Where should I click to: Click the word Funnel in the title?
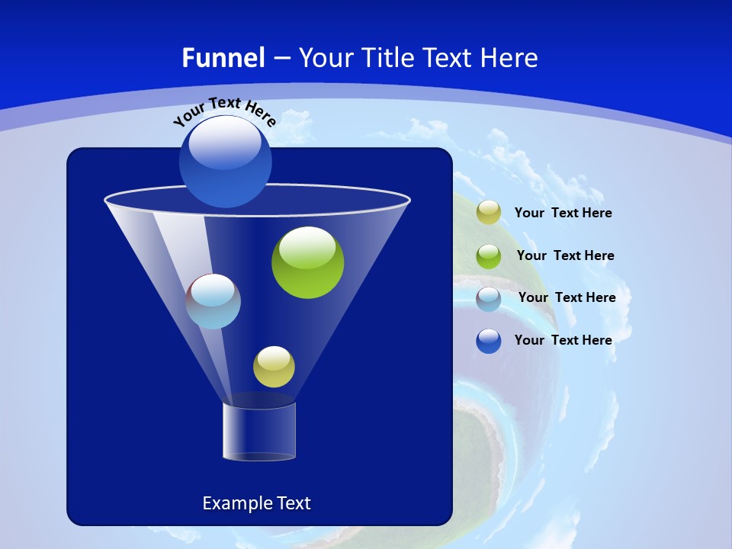pyautogui.click(x=223, y=58)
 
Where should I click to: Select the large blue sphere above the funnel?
pyautogui.click(x=225, y=162)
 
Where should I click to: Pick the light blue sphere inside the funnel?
pyautogui.click(x=213, y=302)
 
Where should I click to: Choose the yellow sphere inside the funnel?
pyautogui.click(x=274, y=367)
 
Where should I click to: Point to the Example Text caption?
pyautogui.click(x=256, y=503)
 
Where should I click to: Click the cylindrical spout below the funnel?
pyautogui.click(x=259, y=432)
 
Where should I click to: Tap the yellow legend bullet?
pyautogui.click(x=489, y=213)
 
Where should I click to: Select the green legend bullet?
pyautogui.click(x=489, y=256)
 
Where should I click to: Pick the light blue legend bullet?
pyautogui.click(x=489, y=299)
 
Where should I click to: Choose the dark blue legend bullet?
pyautogui.click(x=489, y=341)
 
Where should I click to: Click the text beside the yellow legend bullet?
pyautogui.click(x=563, y=213)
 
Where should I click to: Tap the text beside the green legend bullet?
pyautogui.click(x=565, y=256)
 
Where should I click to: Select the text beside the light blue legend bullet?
pyautogui.click(x=567, y=298)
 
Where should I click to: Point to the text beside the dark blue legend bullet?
pyautogui.click(x=563, y=341)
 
